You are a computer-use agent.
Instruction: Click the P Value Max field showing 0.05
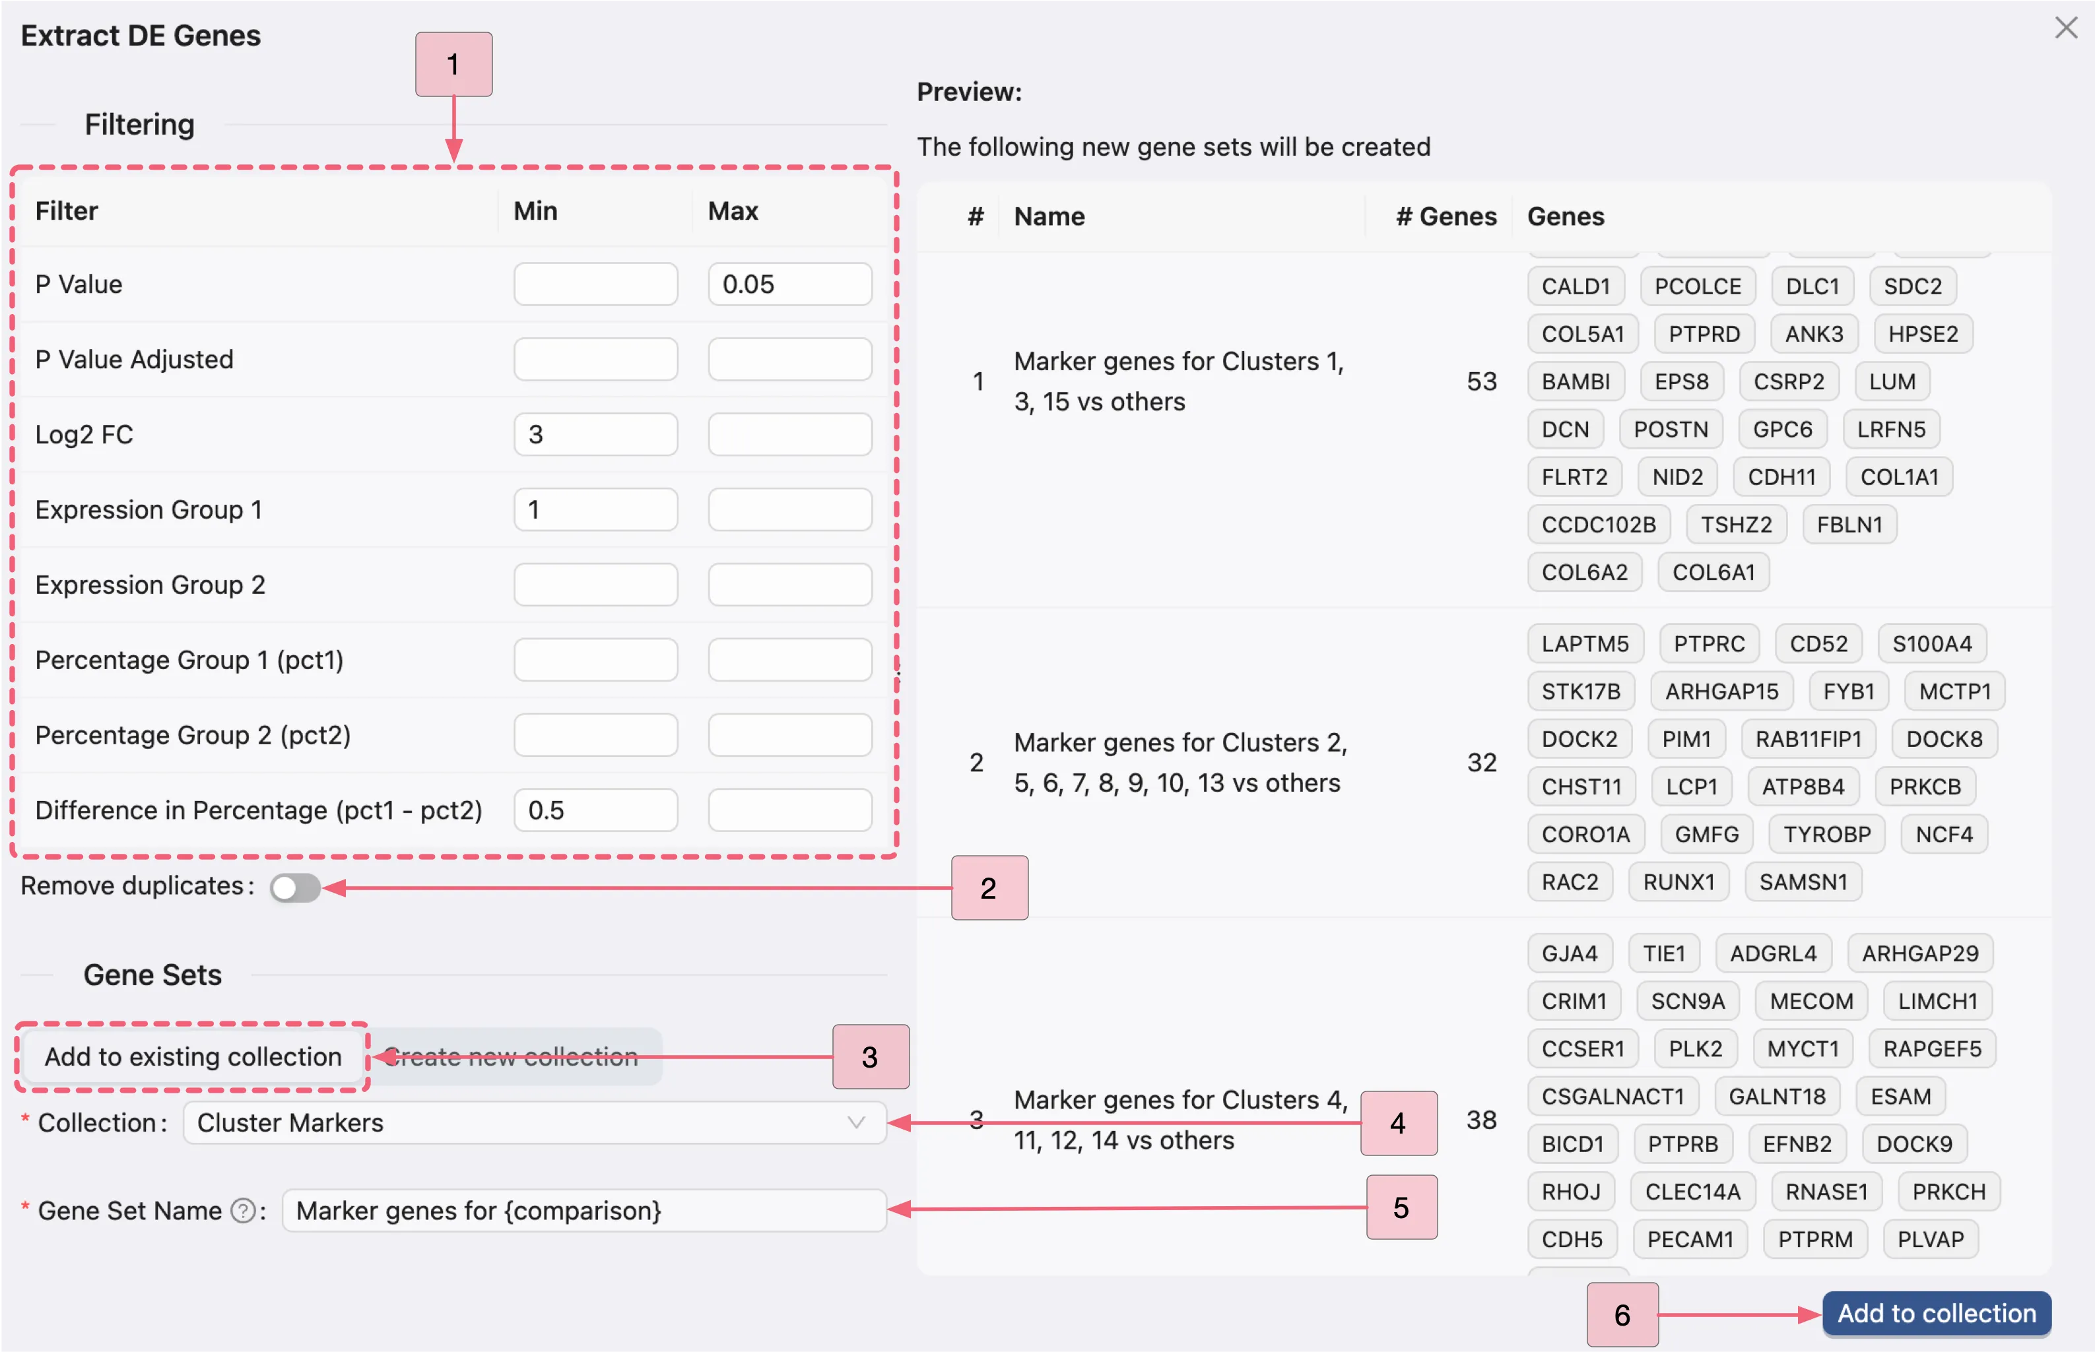[789, 284]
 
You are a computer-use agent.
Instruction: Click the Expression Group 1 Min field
[595, 509]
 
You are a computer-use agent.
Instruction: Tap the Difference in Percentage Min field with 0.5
[595, 810]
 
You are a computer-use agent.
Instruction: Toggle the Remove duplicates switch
[295, 887]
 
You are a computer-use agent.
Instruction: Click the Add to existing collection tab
[193, 1056]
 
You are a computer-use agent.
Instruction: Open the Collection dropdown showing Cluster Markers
[534, 1123]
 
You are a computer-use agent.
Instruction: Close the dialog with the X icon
[2066, 28]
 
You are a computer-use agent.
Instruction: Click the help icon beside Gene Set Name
[242, 1211]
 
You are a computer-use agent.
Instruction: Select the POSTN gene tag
[1670, 430]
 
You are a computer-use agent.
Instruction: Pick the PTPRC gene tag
[1709, 643]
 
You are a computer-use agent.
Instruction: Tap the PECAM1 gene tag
[1690, 1239]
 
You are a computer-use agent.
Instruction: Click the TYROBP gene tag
[1827, 834]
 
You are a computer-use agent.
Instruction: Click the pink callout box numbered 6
[1622, 1314]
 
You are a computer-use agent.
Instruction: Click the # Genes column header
[1446, 216]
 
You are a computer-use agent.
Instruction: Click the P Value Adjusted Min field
[595, 359]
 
